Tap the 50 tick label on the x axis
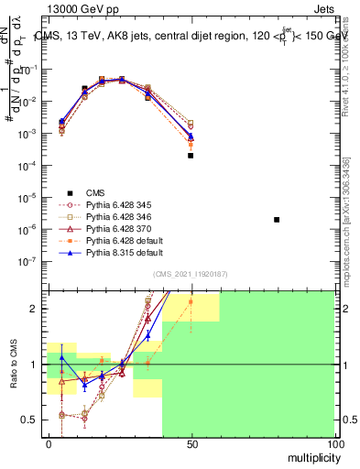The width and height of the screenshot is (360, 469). (x=191, y=444)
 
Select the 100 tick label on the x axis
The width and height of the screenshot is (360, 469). (x=333, y=444)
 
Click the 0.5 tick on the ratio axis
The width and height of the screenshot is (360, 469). (x=30, y=420)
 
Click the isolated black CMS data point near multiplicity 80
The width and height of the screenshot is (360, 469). (x=277, y=220)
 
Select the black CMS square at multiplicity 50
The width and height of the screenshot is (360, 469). (x=191, y=156)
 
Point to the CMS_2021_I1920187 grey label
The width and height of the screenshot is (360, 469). (x=191, y=273)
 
